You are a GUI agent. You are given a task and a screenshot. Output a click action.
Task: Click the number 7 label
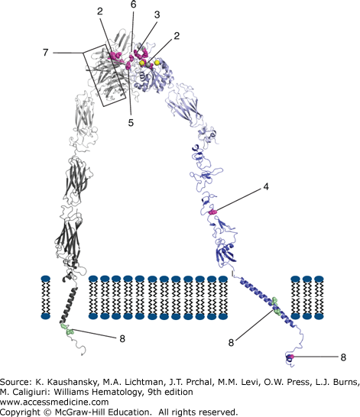pyautogui.click(x=46, y=53)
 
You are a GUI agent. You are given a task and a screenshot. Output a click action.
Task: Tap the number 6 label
pyautogui.click(x=133, y=4)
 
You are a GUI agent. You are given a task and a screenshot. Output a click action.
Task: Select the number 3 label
pyautogui.click(x=157, y=15)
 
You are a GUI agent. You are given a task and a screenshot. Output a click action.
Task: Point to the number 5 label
pyautogui.click(x=131, y=123)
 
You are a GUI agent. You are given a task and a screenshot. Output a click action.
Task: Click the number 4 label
pyautogui.click(x=266, y=186)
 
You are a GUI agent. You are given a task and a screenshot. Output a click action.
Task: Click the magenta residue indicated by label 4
pyautogui.click(x=212, y=212)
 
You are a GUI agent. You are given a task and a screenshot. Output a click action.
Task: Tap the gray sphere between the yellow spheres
pyautogui.click(x=148, y=64)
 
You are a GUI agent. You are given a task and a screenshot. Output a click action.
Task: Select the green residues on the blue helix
pyautogui.click(x=276, y=307)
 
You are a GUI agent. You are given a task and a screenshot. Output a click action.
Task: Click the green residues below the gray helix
pyautogui.click(x=66, y=329)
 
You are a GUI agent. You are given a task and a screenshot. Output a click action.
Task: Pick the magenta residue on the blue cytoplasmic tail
pyautogui.click(x=292, y=357)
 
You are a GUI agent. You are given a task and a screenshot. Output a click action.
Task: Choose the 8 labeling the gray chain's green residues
pyautogui.click(x=122, y=338)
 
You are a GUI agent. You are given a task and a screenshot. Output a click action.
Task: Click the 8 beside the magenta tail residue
pyautogui.click(x=343, y=357)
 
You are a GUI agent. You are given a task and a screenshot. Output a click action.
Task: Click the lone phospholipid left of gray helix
pyautogui.click(x=46, y=297)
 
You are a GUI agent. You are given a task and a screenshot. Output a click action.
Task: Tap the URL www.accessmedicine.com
pyautogui.click(x=54, y=402)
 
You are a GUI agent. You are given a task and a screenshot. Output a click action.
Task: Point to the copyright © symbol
pyautogui.click(x=48, y=412)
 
